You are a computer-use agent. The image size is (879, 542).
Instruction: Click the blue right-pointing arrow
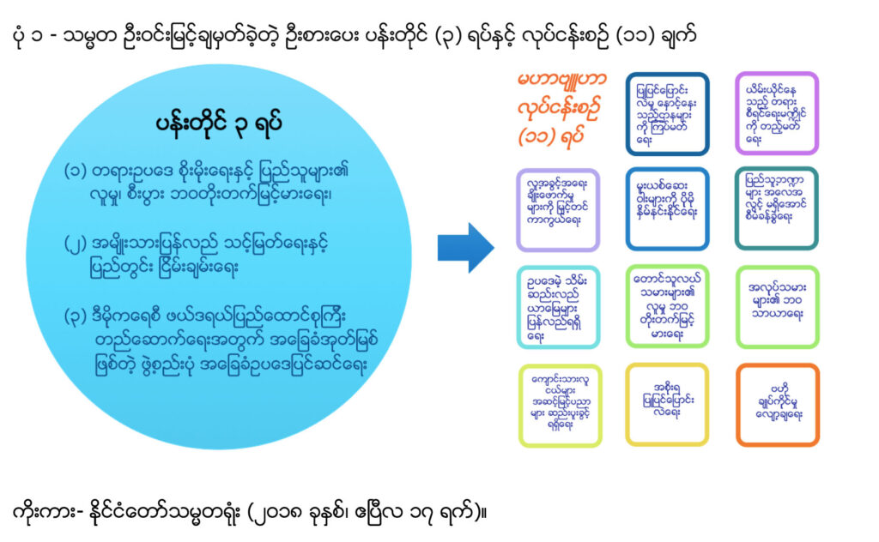point(465,248)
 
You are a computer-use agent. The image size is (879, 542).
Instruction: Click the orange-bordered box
point(777,405)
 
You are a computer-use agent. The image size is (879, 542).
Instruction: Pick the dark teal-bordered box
point(777,208)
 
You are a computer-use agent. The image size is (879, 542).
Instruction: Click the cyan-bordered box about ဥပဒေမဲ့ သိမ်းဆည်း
point(558,306)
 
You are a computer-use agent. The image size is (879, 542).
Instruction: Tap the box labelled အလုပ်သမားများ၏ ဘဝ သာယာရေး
point(777,306)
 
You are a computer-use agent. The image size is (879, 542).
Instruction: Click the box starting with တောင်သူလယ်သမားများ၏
point(668,306)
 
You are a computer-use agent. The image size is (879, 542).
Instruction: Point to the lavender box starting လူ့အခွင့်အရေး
point(558,208)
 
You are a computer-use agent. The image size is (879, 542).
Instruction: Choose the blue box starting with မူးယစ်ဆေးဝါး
point(668,208)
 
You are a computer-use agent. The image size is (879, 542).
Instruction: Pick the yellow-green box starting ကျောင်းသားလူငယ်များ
point(558,405)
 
